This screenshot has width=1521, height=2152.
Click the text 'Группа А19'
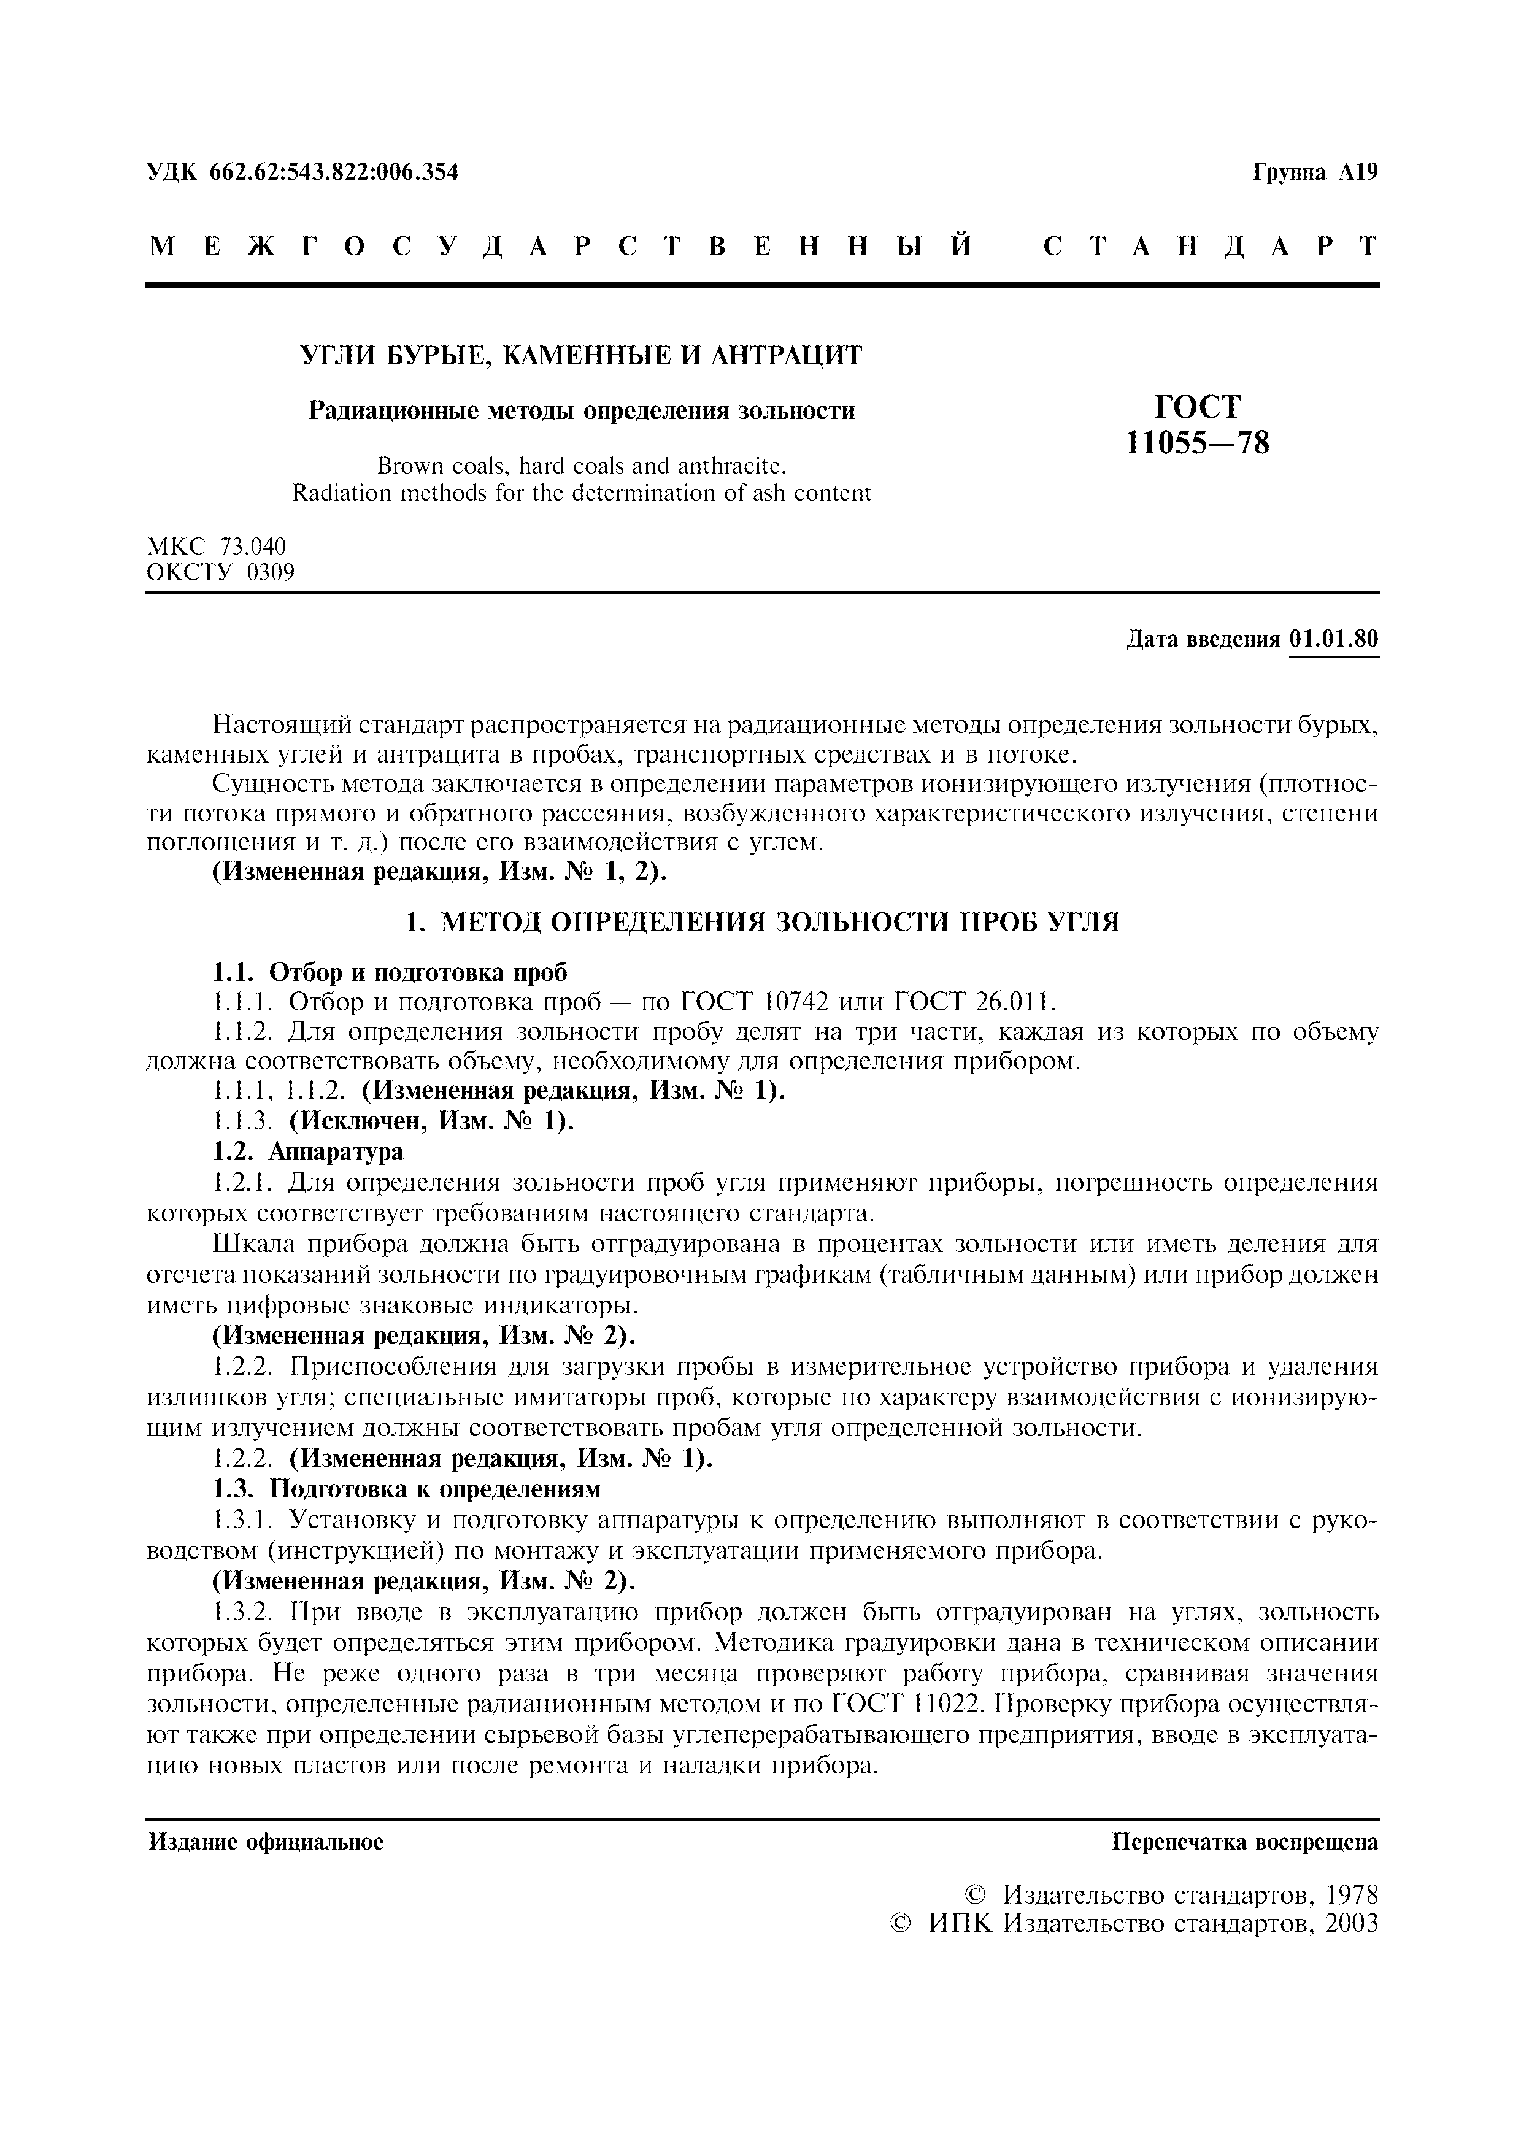[x=1315, y=172]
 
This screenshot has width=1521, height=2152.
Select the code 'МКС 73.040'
[x=217, y=545]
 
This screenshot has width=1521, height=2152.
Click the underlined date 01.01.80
[x=1334, y=639]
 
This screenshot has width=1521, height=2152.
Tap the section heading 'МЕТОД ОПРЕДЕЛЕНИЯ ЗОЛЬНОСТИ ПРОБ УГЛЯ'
[x=780, y=923]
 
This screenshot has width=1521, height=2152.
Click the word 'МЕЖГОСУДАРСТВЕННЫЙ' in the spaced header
[x=560, y=247]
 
